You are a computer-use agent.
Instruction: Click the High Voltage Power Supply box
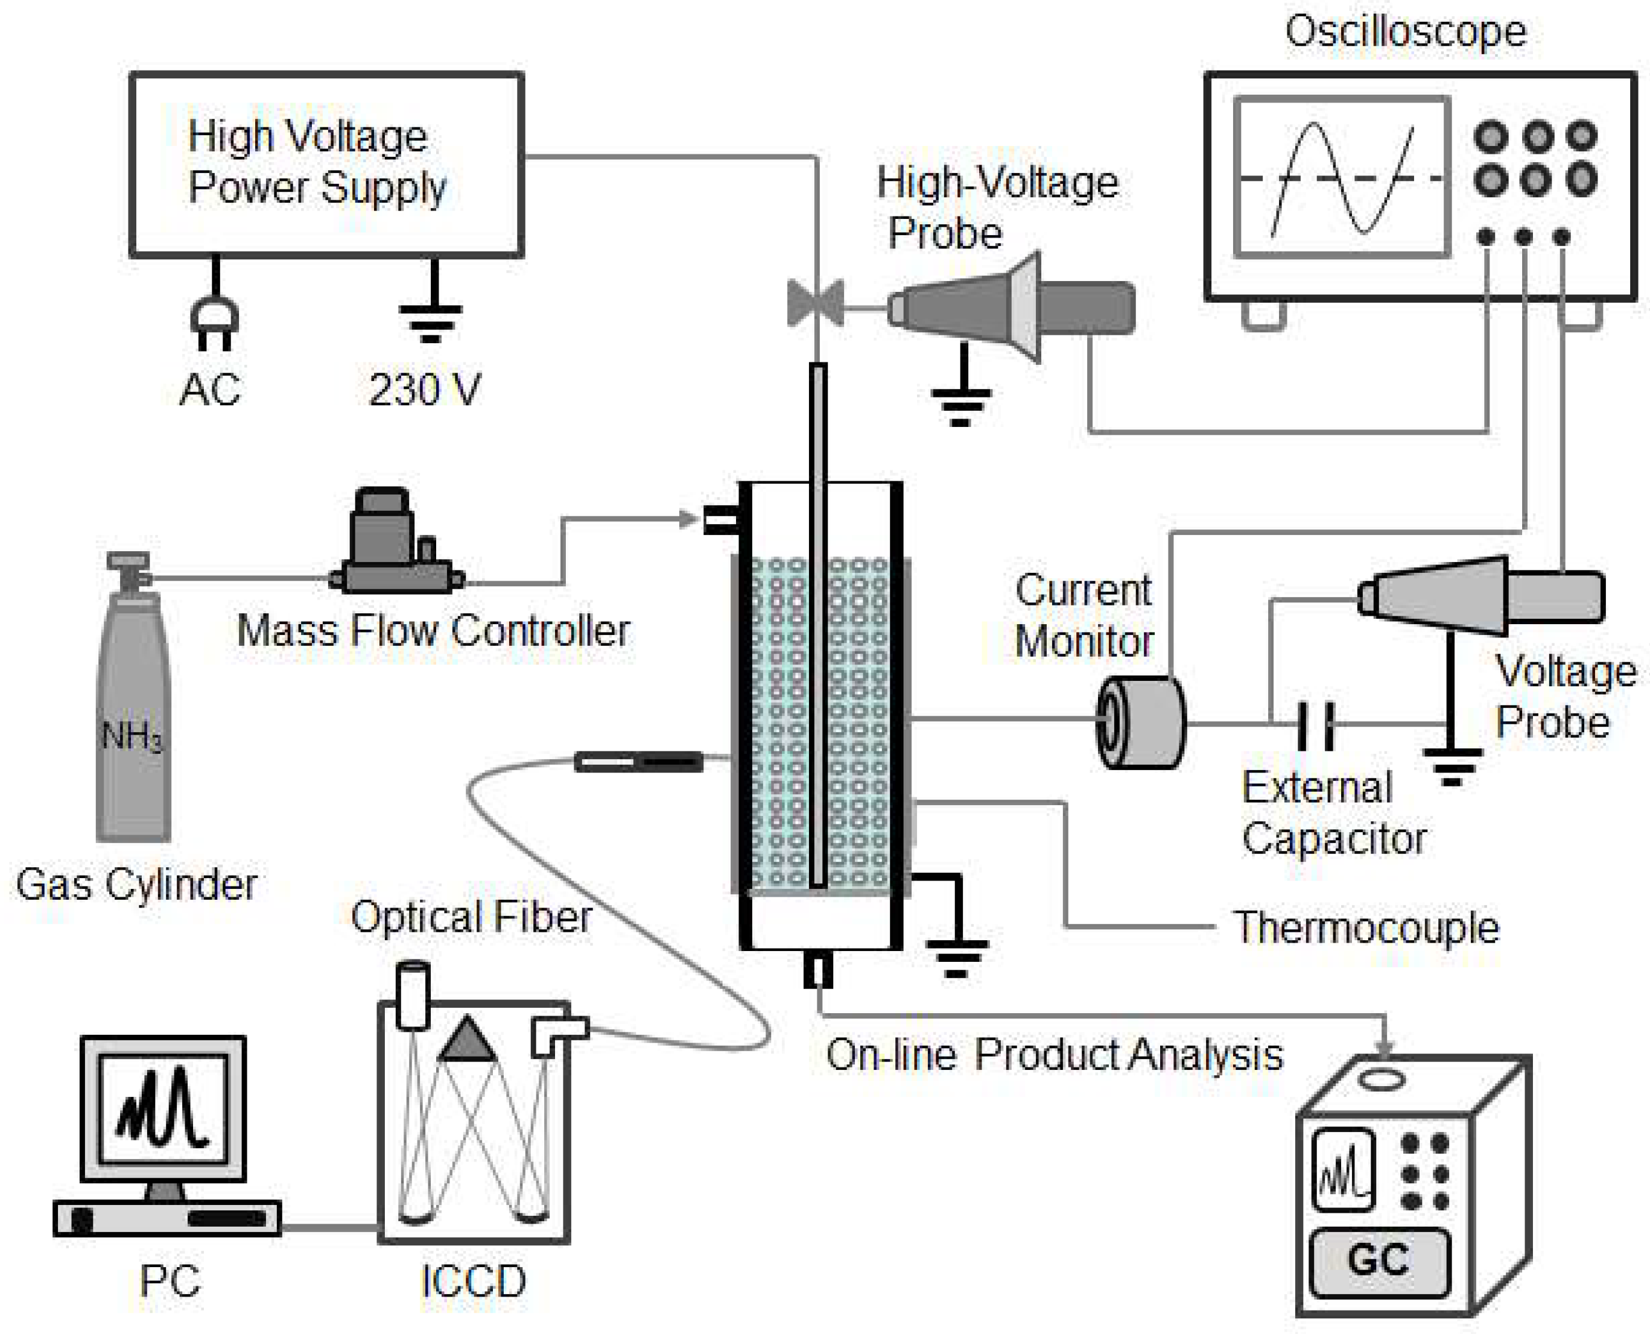coord(326,165)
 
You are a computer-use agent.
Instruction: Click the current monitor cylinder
coord(1140,722)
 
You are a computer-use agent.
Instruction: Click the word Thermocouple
coord(1366,928)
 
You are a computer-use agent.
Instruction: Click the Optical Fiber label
coord(471,916)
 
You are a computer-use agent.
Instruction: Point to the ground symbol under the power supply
coord(431,319)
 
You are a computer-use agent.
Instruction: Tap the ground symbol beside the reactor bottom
coord(956,956)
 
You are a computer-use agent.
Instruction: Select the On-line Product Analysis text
coord(1053,1054)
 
